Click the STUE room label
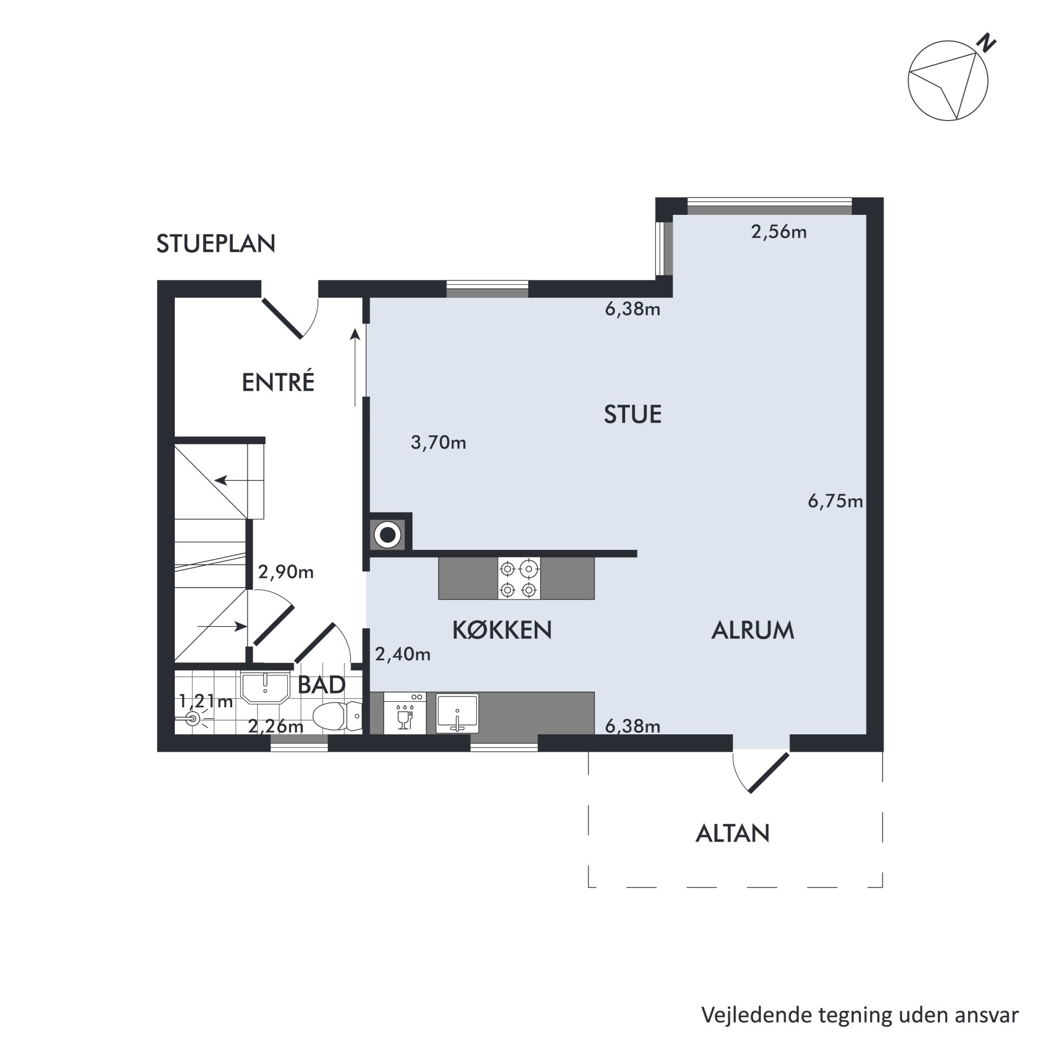[633, 415]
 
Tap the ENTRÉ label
[278, 383]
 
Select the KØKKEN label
[502, 630]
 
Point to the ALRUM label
[753, 630]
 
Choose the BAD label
[321, 685]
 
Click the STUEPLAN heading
[216, 244]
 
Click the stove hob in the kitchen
[519, 578]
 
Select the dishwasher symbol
[404, 713]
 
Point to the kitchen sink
[457, 714]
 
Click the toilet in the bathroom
[338, 716]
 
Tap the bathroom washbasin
[265, 688]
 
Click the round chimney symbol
[387, 536]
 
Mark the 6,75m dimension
[835, 502]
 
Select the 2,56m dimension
[779, 232]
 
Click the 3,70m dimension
[438, 443]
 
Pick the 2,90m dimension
[286, 572]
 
